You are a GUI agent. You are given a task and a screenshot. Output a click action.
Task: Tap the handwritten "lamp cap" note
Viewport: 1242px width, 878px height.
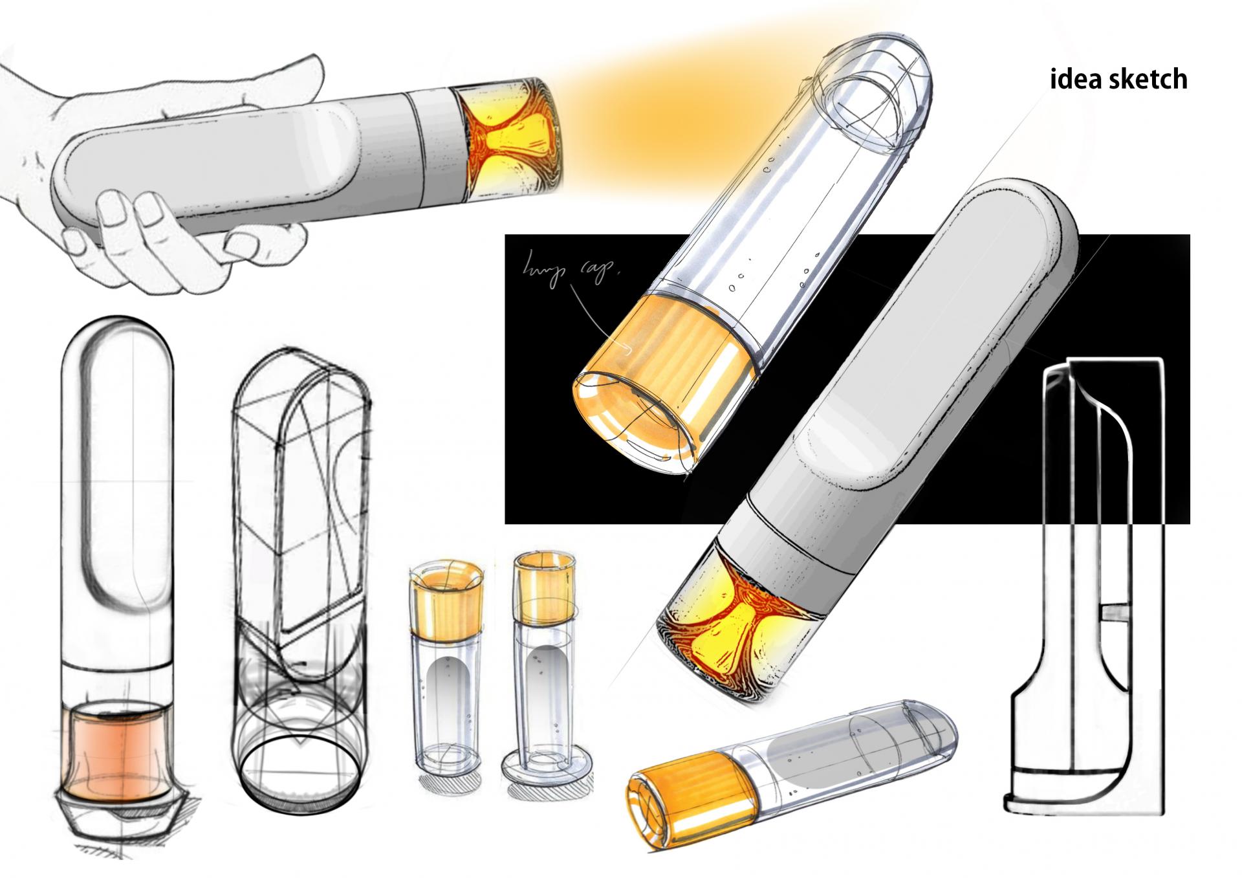[x=569, y=269]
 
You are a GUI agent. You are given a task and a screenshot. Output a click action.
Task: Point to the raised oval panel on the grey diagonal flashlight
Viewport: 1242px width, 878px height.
[x=919, y=343]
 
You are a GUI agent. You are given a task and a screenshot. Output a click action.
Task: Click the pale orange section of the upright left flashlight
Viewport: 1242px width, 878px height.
[x=116, y=751]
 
